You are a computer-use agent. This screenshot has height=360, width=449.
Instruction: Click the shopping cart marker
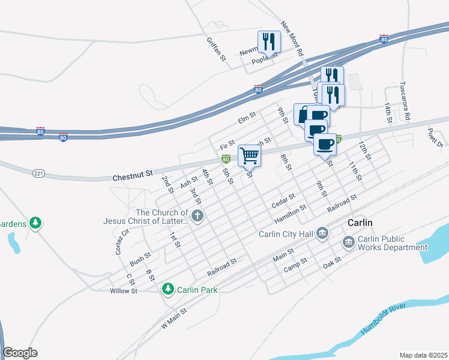[x=249, y=155]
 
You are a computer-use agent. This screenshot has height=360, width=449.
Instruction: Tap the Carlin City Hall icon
[x=322, y=233]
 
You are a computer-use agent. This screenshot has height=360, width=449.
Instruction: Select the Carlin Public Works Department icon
[x=348, y=242]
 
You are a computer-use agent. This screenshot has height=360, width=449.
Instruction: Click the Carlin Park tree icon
[x=169, y=290]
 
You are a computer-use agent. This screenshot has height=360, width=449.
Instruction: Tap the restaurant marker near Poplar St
[x=268, y=41]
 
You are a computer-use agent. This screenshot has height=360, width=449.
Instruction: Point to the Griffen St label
[x=215, y=50]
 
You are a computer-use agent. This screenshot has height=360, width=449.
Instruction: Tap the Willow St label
[x=124, y=291]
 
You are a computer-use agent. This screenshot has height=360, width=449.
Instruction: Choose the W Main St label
[x=175, y=319]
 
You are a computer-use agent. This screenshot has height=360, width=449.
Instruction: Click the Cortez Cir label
[x=118, y=240]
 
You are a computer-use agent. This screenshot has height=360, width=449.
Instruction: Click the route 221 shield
[x=39, y=173]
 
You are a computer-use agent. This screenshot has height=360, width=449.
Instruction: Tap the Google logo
[x=20, y=352]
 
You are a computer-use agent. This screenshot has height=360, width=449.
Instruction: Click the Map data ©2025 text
[x=423, y=355]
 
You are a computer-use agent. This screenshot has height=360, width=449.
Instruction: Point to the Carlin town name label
[x=360, y=223]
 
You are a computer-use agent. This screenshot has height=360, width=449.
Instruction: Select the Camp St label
[x=295, y=265]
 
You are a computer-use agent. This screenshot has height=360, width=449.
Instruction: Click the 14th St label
[x=388, y=113]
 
